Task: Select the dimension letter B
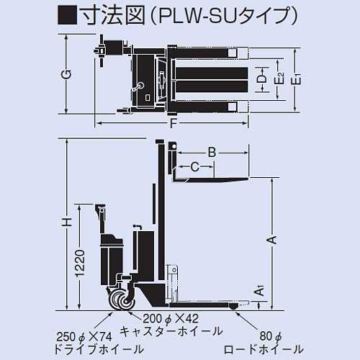pyautogui.click(x=212, y=152)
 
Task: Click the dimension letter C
pyautogui.click(x=194, y=168)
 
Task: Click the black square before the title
pyautogui.click(x=68, y=16)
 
